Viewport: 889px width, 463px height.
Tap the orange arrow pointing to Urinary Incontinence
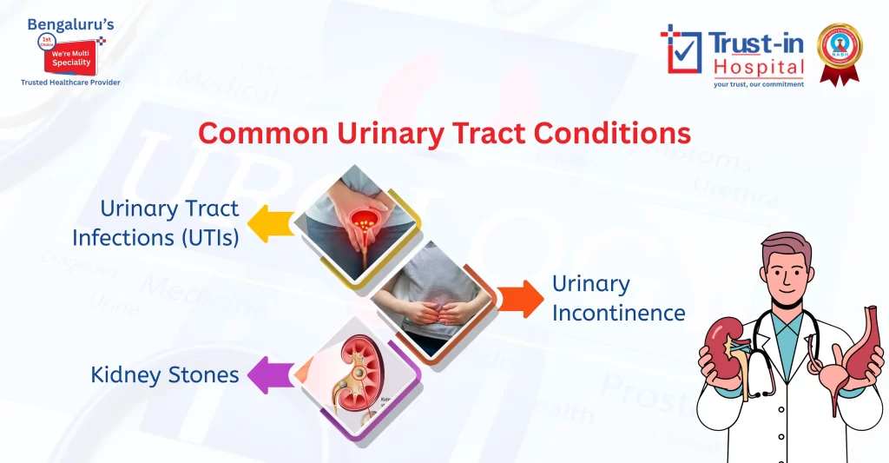(x=520, y=298)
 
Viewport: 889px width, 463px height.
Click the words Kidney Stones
(x=165, y=375)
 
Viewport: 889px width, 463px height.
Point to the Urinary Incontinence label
(x=618, y=298)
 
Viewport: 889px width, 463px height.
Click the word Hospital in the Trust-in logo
(x=759, y=67)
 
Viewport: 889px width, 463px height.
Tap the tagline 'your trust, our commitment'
(x=758, y=84)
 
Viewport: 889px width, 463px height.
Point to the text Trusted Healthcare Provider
(x=70, y=83)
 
